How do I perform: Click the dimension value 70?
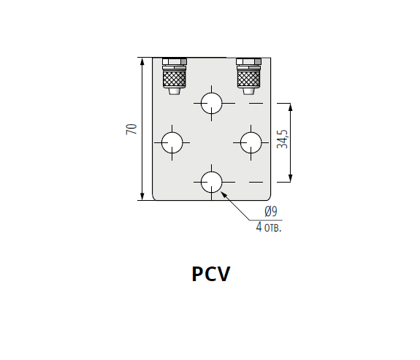pos(131,129)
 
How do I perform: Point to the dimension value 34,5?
pos(283,139)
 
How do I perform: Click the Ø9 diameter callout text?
pos(271,211)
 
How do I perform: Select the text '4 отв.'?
pos(269,227)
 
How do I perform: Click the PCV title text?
pos(211,274)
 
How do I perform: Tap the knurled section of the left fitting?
pos(175,78)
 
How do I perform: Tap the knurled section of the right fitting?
pos(248,78)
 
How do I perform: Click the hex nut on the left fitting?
pos(175,61)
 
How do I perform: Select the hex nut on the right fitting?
pos(248,61)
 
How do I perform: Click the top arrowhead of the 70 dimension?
pos(142,61)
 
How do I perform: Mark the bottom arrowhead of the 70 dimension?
pos(142,196)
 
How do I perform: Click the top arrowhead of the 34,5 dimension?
pos(291,107)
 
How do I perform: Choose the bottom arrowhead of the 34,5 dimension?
pos(291,178)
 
